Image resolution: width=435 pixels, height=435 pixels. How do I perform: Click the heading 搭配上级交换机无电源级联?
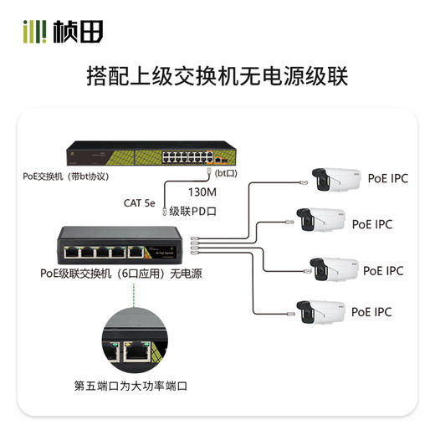(x=217, y=77)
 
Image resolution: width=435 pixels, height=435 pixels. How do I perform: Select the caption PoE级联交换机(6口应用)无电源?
(x=120, y=274)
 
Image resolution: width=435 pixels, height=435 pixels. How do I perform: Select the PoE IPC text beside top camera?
(x=388, y=177)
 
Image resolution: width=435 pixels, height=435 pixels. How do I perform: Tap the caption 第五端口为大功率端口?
(x=130, y=387)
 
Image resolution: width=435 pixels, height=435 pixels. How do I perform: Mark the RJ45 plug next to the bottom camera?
(x=288, y=315)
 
